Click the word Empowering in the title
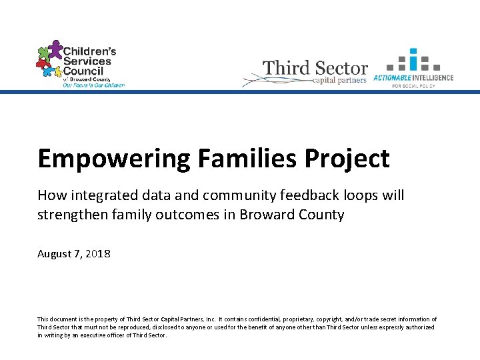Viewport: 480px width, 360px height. (x=114, y=159)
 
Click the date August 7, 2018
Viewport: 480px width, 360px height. (x=74, y=254)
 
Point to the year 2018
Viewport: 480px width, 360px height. (x=98, y=254)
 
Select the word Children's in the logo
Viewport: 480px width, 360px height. (x=89, y=51)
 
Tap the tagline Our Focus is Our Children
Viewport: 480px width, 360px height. (x=93, y=85)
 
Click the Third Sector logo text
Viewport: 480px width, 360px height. (x=315, y=68)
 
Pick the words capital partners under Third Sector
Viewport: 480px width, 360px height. (x=339, y=81)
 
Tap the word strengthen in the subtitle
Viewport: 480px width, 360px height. (x=69, y=215)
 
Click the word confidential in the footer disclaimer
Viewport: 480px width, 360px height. (x=249, y=319)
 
